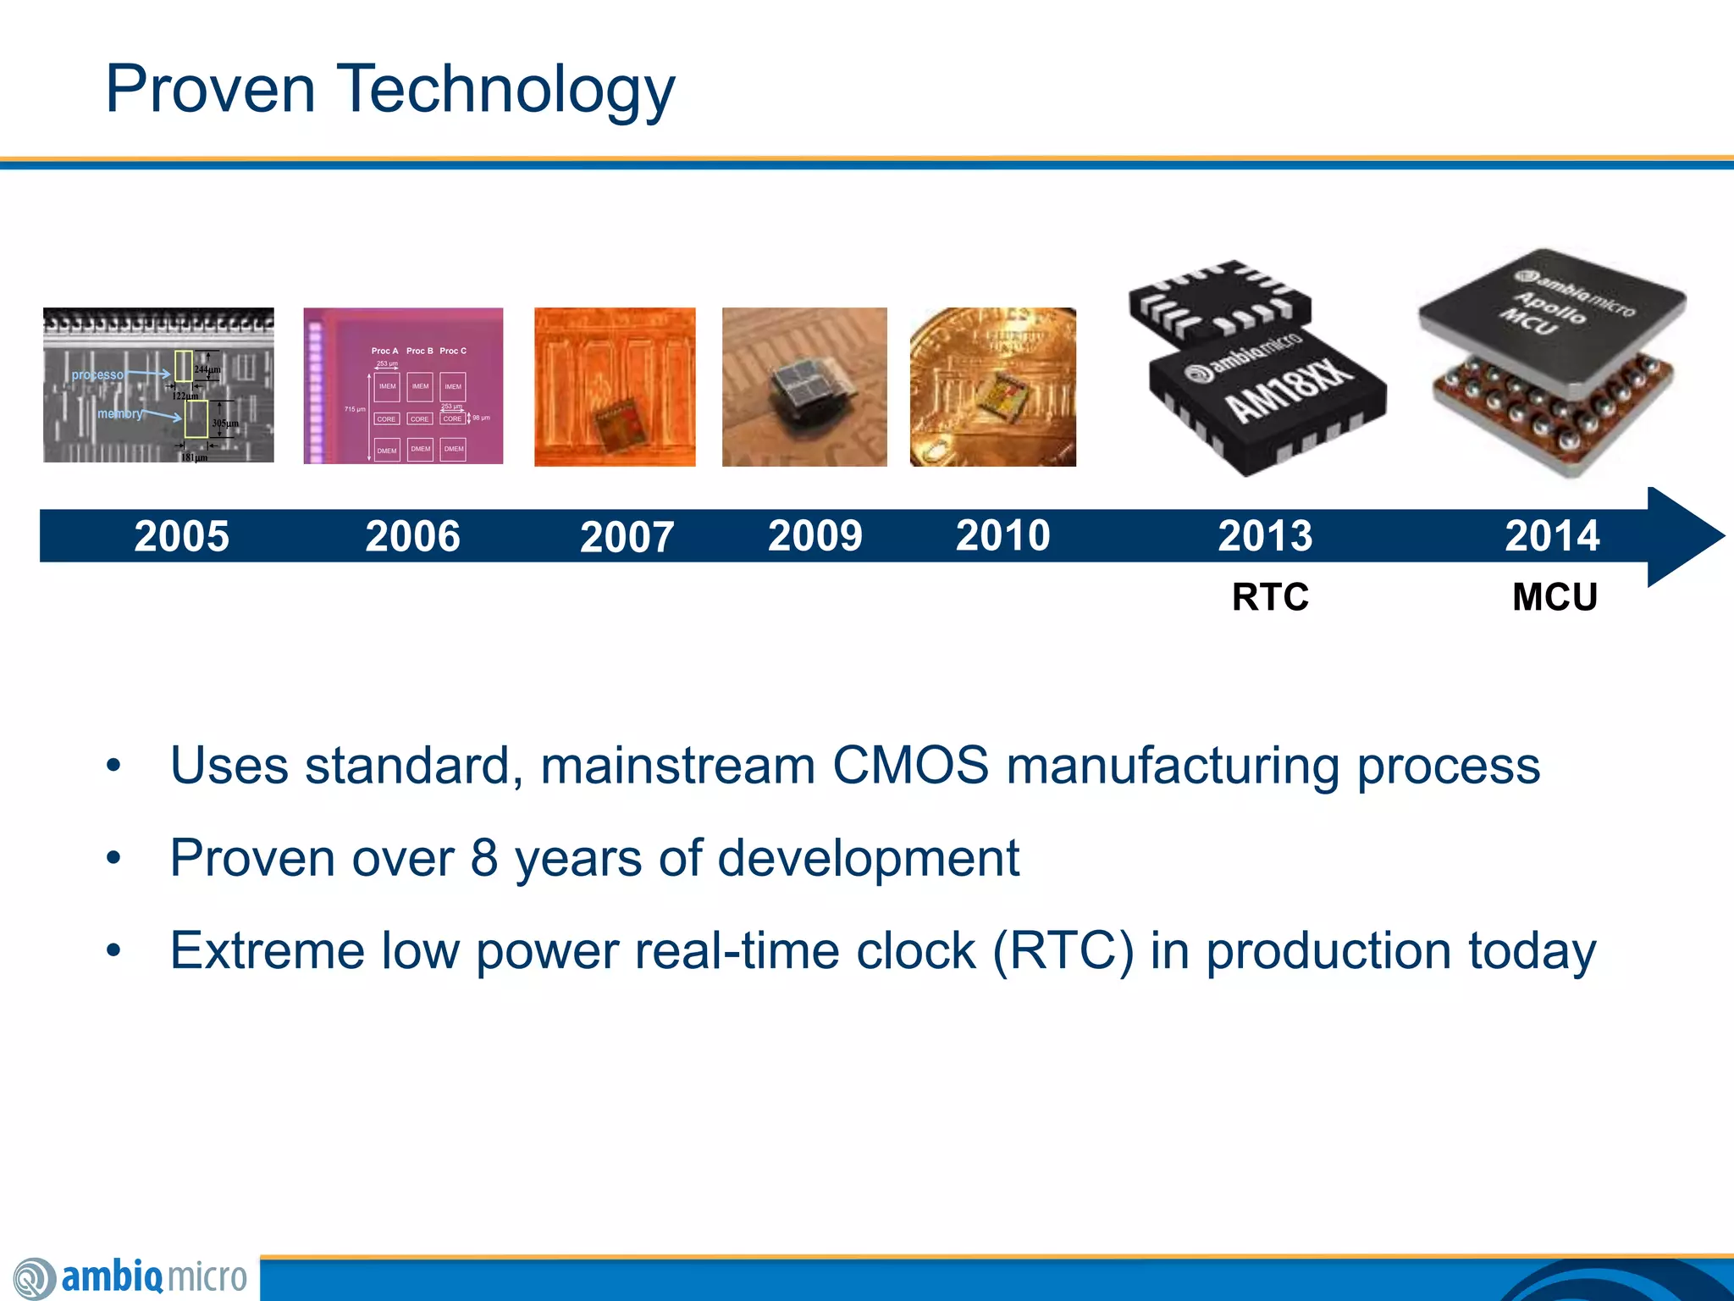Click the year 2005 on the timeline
(x=181, y=536)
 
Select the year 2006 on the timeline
(x=412, y=536)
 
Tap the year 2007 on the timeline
(x=627, y=537)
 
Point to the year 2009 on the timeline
(x=815, y=535)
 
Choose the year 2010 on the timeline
(x=1002, y=535)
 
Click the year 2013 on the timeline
(x=1265, y=535)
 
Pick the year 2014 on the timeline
(x=1552, y=535)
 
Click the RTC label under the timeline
(x=1270, y=597)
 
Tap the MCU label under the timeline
(x=1555, y=597)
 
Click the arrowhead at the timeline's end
(x=1685, y=536)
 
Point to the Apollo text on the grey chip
(x=1551, y=307)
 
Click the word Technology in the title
(x=505, y=90)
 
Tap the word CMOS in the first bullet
(x=910, y=766)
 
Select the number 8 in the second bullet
(x=484, y=858)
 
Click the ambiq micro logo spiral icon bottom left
(x=34, y=1278)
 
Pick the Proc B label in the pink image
(x=419, y=351)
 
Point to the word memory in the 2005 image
(x=119, y=413)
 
